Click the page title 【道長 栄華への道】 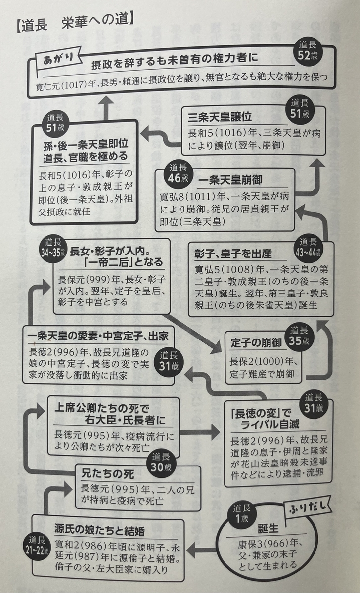(75, 25)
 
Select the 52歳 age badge (308, 51)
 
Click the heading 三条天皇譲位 (220, 117)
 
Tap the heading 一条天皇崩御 (230, 180)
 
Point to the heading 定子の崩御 (256, 343)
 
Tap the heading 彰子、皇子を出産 (233, 254)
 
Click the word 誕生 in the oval (269, 529)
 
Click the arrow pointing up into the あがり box (107, 108)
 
